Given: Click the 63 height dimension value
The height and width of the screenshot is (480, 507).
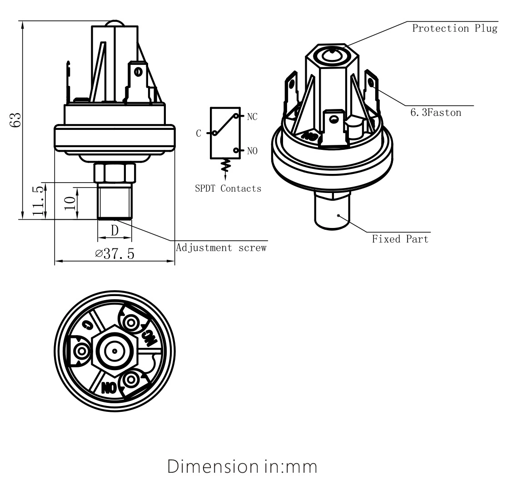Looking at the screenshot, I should pyautogui.click(x=16, y=119).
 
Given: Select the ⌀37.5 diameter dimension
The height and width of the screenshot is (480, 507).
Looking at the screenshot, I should pyautogui.click(x=115, y=253).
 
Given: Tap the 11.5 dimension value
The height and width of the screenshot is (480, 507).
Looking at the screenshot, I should pyautogui.click(x=39, y=201).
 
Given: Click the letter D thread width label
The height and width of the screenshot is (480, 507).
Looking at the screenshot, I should pyautogui.click(x=115, y=230).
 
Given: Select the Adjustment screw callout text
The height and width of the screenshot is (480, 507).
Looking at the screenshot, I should pyautogui.click(x=221, y=248).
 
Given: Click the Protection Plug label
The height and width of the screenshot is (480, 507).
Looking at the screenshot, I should pyautogui.click(x=454, y=29).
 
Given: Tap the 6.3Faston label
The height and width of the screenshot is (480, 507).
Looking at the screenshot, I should pyautogui.click(x=435, y=112).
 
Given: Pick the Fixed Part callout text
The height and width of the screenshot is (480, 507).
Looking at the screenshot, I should pyautogui.click(x=400, y=239).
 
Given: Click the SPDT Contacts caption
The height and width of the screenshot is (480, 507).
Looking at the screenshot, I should pyautogui.click(x=228, y=188).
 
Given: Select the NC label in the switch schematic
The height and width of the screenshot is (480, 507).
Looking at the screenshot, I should pyautogui.click(x=252, y=117).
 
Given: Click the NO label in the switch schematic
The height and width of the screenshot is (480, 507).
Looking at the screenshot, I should pyautogui.click(x=252, y=151).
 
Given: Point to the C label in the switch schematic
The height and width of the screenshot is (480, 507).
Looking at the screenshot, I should pyautogui.click(x=199, y=134).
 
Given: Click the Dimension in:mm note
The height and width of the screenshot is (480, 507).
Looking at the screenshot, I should pyautogui.click(x=242, y=466).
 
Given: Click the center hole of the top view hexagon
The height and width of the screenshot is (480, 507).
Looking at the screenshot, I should pyautogui.click(x=114, y=351).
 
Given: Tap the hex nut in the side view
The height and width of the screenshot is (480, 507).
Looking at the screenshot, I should pyautogui.click(x=114, y=173).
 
